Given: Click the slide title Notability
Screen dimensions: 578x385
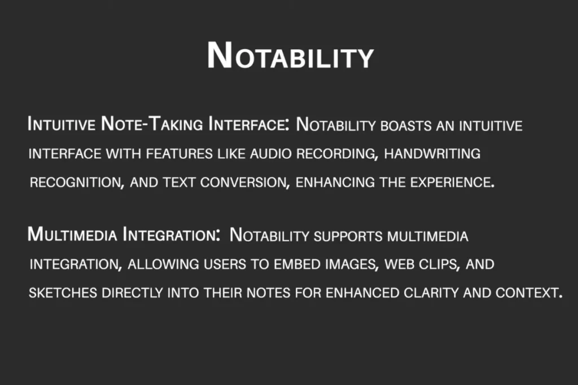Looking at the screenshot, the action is [x=291, y=56].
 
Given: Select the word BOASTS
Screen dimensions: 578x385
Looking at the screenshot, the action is [x=406, y=126].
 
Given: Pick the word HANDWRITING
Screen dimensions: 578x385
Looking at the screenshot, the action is [x=432, y=153].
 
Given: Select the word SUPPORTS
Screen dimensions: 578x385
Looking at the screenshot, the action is [x=348, y=236].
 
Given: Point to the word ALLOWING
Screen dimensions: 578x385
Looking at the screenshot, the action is [x=163, y=264].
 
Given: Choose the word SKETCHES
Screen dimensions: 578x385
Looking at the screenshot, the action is [x=63, y=293].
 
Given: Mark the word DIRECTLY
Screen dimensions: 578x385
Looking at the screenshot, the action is [x=132, y=293].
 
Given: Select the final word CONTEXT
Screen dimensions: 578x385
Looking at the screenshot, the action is [x=528, y=293].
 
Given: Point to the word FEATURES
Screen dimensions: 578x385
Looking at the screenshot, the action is [x=179, y=153].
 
